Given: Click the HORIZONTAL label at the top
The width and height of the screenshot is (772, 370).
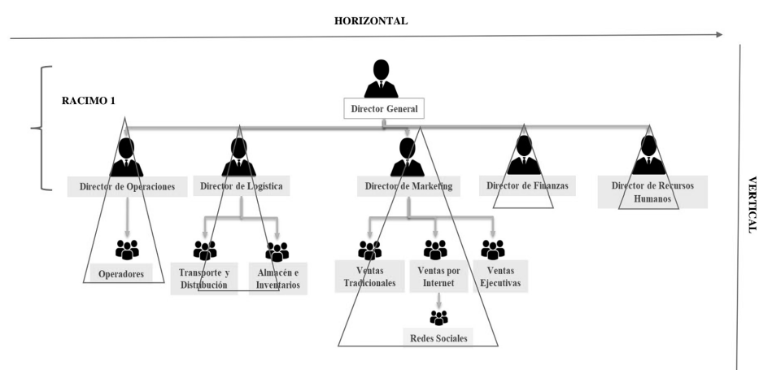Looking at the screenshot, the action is (370, 20).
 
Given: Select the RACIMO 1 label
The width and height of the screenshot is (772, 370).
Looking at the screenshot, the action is (89, 100).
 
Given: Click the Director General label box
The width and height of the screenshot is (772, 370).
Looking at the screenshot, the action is (384, 108).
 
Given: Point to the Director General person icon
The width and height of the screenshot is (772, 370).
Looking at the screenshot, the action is (382, 78).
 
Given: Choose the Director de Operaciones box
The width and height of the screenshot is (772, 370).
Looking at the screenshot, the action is (127, 186).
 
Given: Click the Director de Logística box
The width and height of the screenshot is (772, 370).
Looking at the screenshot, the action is (242, 186).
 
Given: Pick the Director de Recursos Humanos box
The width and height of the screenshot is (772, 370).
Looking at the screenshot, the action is (648, 192).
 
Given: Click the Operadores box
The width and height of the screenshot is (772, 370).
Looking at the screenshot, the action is (121, 274).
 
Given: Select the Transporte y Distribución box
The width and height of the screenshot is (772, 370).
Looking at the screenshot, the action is (204, 279).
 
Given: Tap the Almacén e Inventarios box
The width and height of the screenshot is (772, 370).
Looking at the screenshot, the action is (277, 279).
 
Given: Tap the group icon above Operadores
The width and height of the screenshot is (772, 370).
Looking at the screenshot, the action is (128, 248).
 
